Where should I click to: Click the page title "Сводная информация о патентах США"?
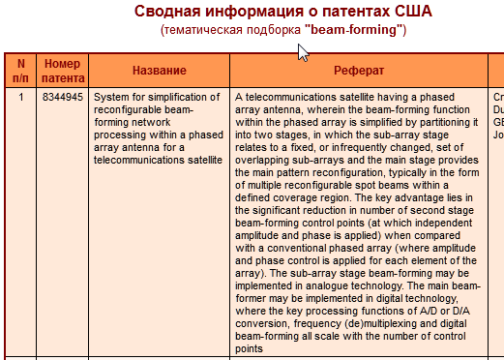(283, 13)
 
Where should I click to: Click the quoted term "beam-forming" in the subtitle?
(353, 31)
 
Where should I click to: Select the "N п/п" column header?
(20, 71)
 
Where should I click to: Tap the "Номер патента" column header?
(64, 71)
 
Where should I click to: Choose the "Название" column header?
(159, 72)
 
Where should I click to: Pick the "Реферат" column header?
(360, 72)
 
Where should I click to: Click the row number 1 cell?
(20, 98)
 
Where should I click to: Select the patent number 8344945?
(63, 98)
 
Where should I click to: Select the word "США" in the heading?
(413, 13)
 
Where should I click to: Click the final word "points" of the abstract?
(250, 348)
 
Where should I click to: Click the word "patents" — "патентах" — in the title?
(351, 13)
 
